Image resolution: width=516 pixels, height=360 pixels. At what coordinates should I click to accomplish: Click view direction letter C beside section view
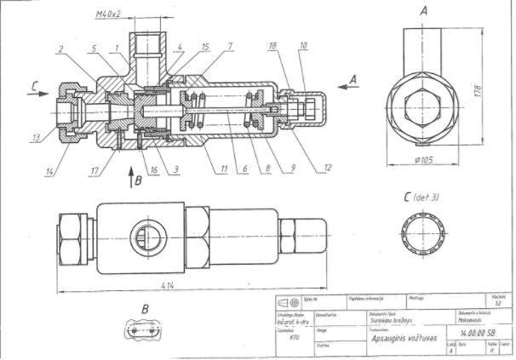(32, 84)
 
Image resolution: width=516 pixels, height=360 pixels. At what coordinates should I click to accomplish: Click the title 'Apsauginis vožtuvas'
(402, 337)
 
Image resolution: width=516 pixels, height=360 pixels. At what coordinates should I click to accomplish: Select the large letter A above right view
(423, 11)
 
